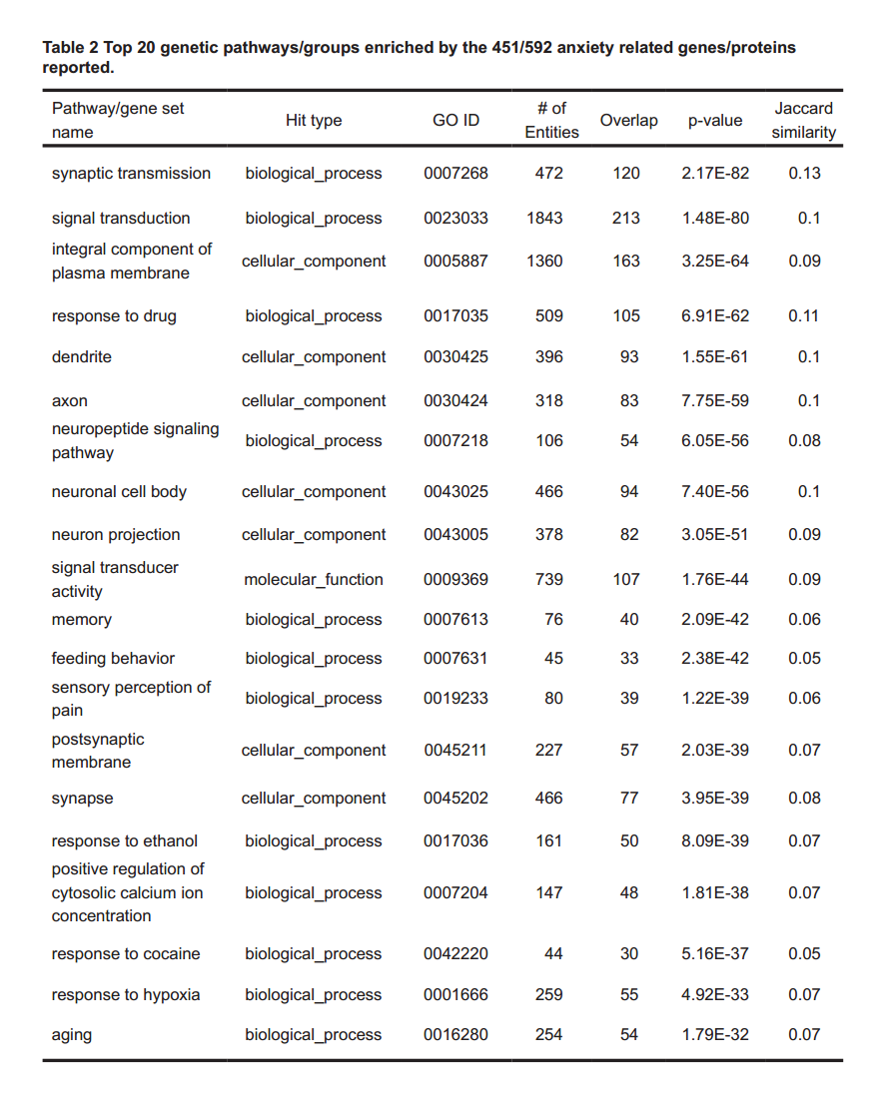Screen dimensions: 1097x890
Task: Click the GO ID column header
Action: [x=455, y=120]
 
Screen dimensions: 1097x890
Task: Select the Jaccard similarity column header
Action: [x=803, y=120]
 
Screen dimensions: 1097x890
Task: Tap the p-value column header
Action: [x=714, y=120]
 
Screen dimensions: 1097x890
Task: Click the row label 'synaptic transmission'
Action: [x=131, y=173]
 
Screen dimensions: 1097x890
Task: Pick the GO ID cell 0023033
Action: [x=455, y=218]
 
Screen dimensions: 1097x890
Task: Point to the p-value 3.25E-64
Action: [x=714, y=261]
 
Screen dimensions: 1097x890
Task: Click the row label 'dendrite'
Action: [x=82, y=356]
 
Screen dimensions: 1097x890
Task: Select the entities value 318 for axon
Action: [x=548, y=400]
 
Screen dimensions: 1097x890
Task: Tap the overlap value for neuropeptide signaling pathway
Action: [x=628, y=440]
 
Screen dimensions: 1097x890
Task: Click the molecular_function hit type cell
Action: [x=313, y=579]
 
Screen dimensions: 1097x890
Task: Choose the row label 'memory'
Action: [x=82, y=619]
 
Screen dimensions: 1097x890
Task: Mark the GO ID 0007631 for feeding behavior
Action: [x=455, y=658]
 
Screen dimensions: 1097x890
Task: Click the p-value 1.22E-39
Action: [x=714, y=698]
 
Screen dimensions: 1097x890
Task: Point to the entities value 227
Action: [x=548, y=750]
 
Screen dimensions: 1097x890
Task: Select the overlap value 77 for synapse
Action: [x=628, y=798]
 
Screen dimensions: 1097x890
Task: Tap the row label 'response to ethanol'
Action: [x=125, y=840]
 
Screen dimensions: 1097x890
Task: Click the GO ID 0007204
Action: [x=455, y=892]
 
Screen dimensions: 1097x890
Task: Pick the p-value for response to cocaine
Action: [x=714, y=953]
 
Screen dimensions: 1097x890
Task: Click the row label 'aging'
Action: [x=72, y=1035]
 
